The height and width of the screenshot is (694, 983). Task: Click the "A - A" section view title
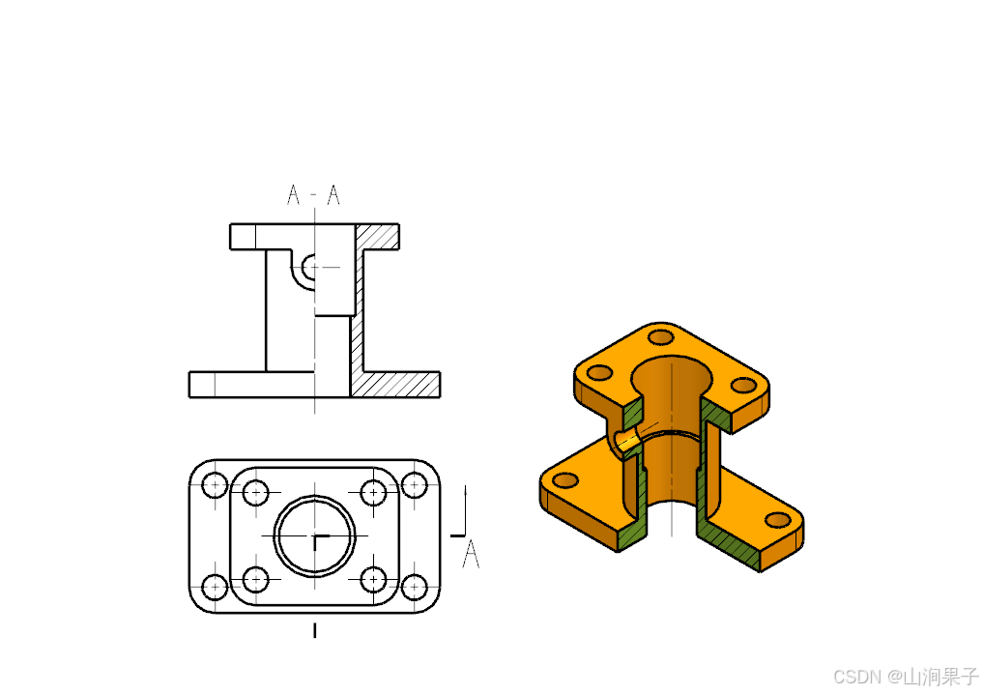(x=313, y=195)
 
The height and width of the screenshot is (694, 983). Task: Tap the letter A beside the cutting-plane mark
(x=471, y=555)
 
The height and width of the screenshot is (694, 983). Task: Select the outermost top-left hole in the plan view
(x=215, y=484)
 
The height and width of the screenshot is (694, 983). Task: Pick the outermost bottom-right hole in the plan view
(x=414, y=588)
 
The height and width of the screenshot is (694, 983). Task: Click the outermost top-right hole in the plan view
(x=414, y=484)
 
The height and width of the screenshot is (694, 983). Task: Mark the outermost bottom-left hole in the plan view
(x=215, y=588)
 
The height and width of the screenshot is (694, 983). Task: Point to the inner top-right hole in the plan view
(x=374, y=493)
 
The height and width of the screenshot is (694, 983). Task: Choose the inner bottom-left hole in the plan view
(x=255, y=579)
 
